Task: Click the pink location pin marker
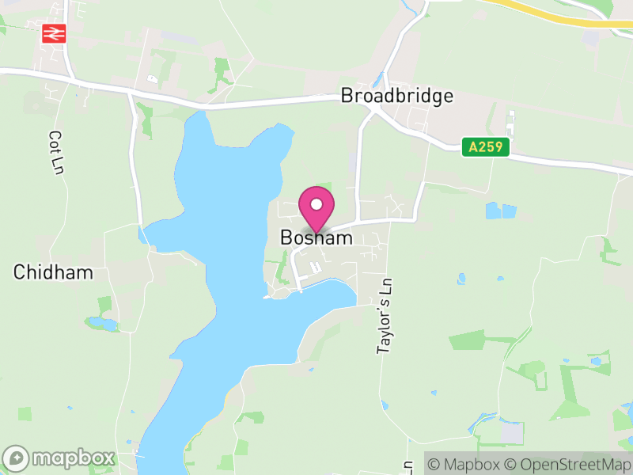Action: [x=316, y=208]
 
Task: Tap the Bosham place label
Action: [x=316, y=237]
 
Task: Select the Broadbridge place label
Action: [x=396, y=96]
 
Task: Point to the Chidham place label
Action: [x=53, y=272]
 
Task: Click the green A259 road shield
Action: [x=486, y=146]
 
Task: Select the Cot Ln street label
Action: [x=55, y=152]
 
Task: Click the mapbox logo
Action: [x=59, y=458]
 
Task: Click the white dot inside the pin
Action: [x=316, y=204]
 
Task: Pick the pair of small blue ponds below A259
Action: [x=501, y=211]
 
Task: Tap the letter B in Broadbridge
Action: [x=347, y=96]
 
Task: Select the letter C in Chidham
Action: [x=19, y=272]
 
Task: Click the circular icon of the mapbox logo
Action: [x=17, y=458]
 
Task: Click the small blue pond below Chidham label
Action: [x=103, y=323]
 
